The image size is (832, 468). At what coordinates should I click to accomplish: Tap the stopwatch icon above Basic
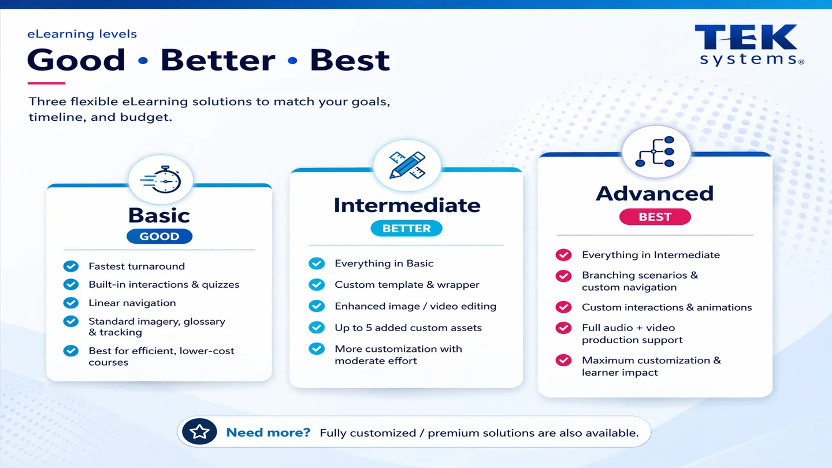160,180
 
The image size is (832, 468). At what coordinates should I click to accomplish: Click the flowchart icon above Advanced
655,151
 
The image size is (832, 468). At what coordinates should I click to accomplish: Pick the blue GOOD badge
159,236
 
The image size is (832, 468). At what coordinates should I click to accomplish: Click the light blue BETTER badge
406,229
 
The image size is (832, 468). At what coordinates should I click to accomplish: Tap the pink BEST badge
655,217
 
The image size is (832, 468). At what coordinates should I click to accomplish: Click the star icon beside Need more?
199,432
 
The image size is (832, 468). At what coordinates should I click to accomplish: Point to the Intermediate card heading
407,205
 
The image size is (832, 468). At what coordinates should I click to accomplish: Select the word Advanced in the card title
655,194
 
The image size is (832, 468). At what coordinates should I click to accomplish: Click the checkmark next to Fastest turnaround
71,266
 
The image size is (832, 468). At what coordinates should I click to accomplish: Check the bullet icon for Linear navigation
71,303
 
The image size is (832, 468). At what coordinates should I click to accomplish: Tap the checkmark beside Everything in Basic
317,263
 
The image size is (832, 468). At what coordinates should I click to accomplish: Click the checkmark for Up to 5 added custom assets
317,328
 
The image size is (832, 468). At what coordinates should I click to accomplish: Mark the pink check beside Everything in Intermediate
563,255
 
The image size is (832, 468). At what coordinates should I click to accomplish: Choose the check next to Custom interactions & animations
563,307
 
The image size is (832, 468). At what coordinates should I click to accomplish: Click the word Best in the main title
350,61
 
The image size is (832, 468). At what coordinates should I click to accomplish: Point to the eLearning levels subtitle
82,34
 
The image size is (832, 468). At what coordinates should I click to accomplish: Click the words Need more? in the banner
268,433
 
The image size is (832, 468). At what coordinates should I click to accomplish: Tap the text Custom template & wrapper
407,285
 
